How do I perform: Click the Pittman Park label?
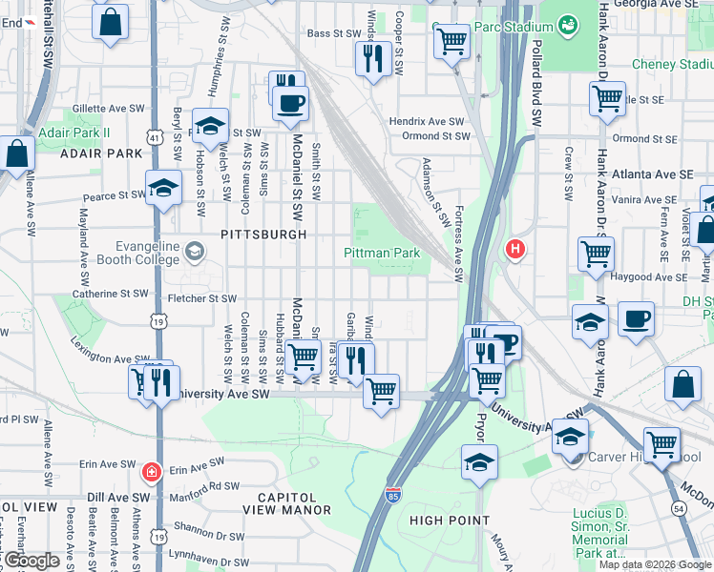point(382,254)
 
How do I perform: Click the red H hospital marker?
point(515,250)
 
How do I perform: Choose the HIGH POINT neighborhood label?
point(450,521)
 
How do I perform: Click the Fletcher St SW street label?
point(201,298)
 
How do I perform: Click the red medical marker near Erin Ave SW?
point(151,472)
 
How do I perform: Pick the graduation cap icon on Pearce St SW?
point(164,188)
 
